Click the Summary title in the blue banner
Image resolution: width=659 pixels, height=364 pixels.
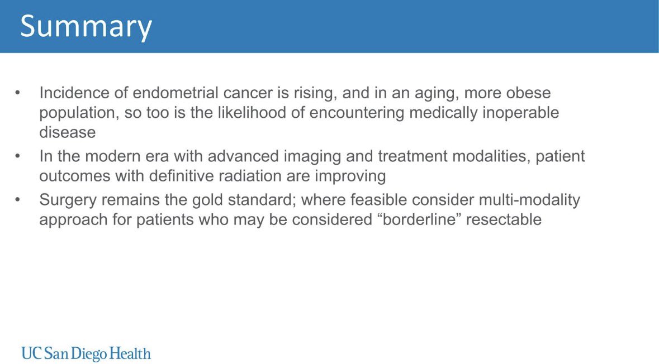86,26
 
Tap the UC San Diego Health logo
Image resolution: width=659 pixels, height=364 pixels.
86,353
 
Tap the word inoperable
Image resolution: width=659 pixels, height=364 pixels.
519,113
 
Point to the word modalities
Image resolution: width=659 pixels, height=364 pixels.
488,156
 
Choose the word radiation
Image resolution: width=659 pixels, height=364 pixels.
242,176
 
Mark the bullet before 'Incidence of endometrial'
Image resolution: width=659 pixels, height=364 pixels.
18,93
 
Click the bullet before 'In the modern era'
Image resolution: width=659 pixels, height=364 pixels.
18,156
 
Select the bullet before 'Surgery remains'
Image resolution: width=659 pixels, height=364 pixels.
18,200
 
